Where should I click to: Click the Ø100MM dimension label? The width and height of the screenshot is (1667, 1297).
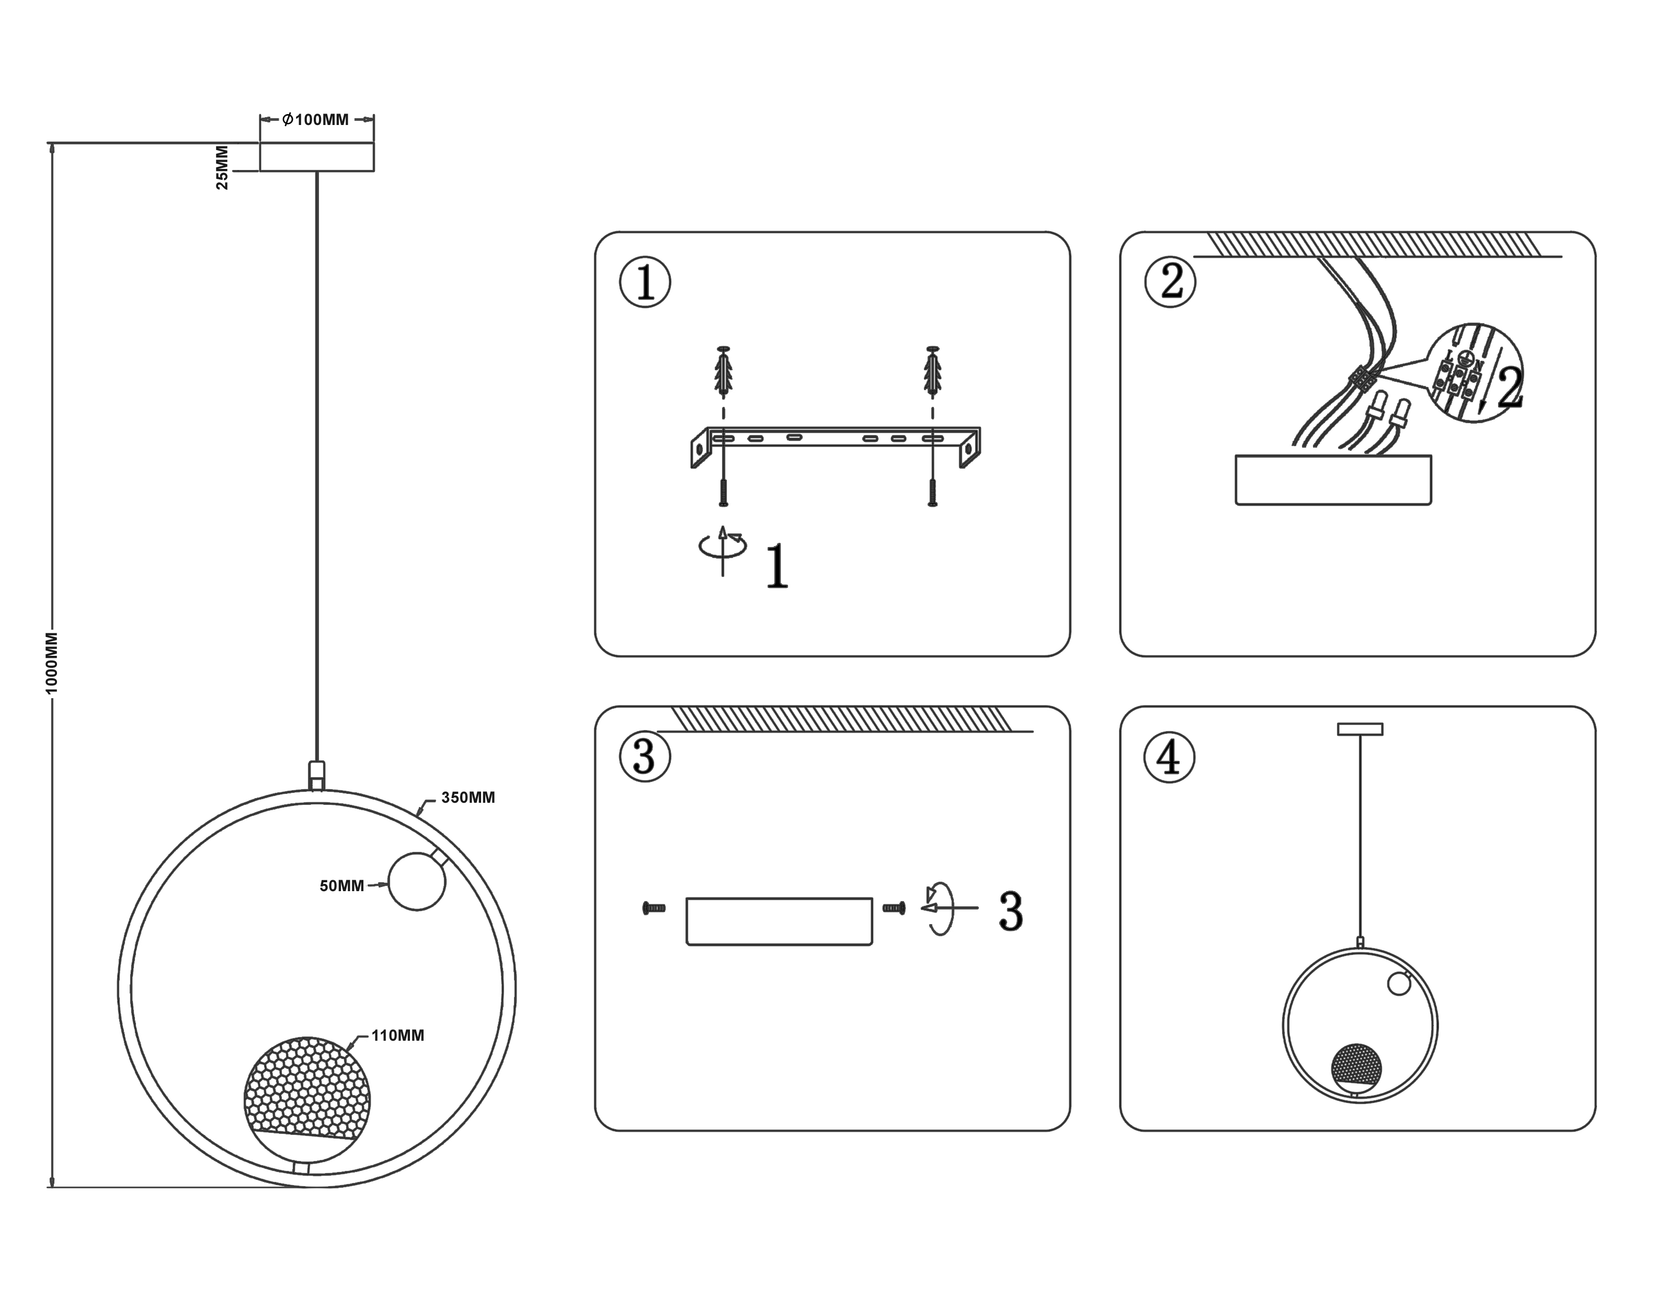(316, 120)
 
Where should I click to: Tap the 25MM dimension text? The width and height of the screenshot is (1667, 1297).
(222, 167)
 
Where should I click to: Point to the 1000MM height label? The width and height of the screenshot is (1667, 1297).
(52, 663)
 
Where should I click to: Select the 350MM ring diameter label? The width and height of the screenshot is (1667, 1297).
(468, 798)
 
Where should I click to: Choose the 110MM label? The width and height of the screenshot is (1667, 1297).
(398, 1036)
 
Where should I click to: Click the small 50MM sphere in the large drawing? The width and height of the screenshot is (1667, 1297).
(417, 882)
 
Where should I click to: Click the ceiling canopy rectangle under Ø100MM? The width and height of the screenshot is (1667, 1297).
(317, 156)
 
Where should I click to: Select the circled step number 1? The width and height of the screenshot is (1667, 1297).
(645, 282)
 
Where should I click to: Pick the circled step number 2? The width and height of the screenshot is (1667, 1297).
(1170, 282)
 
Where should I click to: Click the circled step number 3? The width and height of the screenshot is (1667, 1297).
(645, 757)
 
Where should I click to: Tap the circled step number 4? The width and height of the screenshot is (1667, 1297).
(1169, 757)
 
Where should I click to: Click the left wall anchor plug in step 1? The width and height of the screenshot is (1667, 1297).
(724, 372)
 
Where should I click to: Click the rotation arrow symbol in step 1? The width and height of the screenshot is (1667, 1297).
(723, 547)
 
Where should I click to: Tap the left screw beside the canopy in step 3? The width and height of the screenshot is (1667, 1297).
(654, 908)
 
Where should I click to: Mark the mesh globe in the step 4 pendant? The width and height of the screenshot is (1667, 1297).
(1355, 1067)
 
